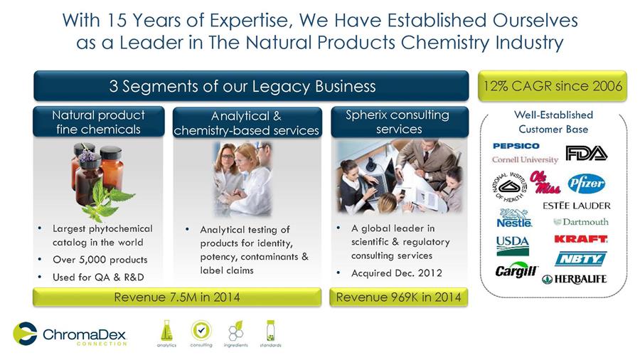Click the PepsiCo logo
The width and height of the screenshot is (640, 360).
tap(516, 146)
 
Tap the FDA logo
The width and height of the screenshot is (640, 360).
tap(586, 153)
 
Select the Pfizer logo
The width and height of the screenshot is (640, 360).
tap(586, 184)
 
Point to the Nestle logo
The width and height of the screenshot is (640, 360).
tap(514, 218)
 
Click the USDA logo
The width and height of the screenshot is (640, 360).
tap(513, 245)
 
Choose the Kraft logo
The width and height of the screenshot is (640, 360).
tap(581, 239)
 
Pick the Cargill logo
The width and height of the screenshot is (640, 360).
tap(516, 270)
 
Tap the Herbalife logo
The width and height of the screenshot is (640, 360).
tap(575, 279)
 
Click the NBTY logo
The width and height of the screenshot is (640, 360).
tap(580, 259)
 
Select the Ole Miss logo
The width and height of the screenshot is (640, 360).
tap(545, 182)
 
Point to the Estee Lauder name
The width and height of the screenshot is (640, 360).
tap(576, 206)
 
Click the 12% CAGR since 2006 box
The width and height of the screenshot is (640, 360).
tap(553, 86)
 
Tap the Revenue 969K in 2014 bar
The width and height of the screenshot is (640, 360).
tap(398, 297)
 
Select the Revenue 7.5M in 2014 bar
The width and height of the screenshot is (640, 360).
tap(177, 297)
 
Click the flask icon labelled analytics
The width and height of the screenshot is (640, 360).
tap(166, 331)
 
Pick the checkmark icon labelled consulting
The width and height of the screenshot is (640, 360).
tap(201, 330)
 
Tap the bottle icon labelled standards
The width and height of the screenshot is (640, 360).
tap(270, 331)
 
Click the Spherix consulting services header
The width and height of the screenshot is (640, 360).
tap(400, 122)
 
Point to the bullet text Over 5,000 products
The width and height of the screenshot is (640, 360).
tap(100, 260)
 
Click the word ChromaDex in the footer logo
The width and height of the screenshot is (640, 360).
tap(85, 334)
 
